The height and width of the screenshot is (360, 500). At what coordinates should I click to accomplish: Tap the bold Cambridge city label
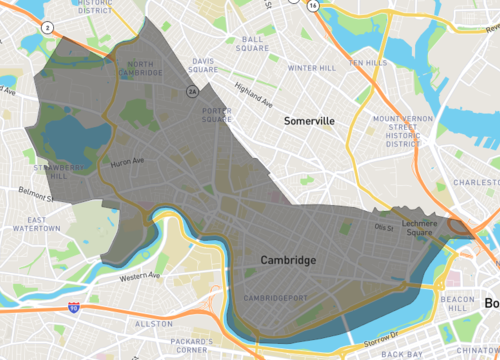288,260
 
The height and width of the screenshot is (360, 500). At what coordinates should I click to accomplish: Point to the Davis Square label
203,65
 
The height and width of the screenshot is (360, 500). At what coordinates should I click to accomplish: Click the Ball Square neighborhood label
252,45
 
